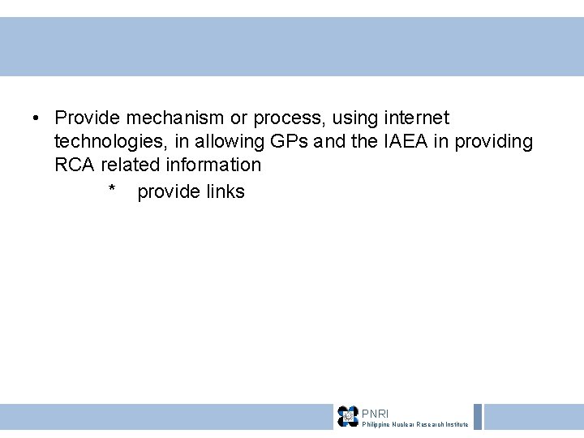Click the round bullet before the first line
[37, 119]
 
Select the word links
[221, 192]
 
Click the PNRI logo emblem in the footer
[348, 416]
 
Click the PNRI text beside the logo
[375, 414]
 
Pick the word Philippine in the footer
[378, 424]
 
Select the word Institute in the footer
[456, 424]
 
